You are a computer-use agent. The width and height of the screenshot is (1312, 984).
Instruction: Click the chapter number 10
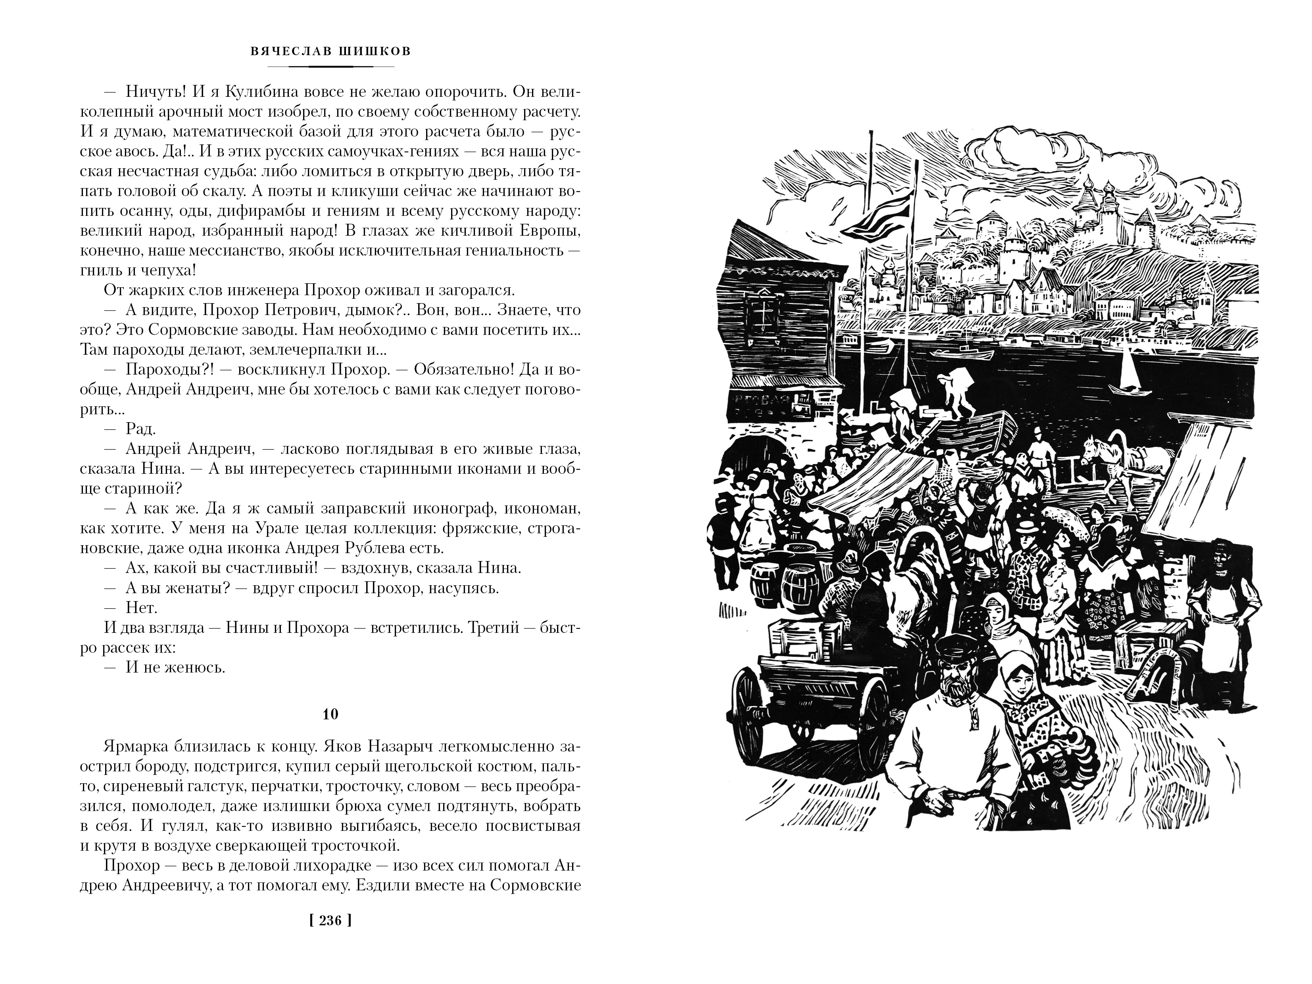click(330, 714)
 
